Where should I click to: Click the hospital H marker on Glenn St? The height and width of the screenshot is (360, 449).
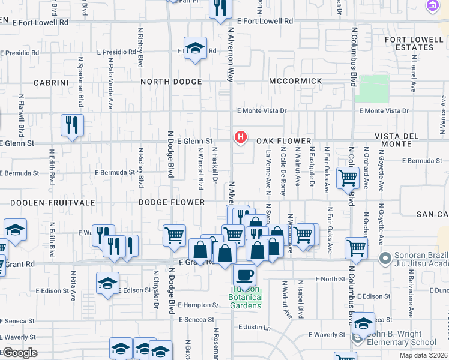pyautogui.click(x=241, y=137)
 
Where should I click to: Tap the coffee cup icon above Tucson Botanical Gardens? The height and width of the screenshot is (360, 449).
pyautogui.click(x=244, y=275)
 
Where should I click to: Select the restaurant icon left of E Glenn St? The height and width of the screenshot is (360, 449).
pyautogui.click(x=72, y=125)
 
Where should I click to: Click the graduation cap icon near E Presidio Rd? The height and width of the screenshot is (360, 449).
pyautogui.click(x=195, y=48)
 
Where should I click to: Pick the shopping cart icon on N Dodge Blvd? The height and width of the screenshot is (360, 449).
pyautogui.click(x=174, y=235)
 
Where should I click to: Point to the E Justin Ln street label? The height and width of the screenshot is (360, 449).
pyautogui.click(x=255, y=328)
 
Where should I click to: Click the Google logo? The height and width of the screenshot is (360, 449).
pyautogui.click(x=20, y=353)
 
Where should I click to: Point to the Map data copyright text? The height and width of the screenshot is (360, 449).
pyautogui.click(x=423, y=355)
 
